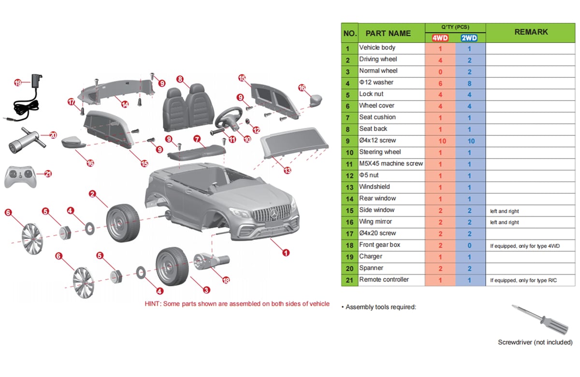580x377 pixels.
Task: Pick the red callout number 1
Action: point(286,252)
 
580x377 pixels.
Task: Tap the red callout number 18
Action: point(226,280)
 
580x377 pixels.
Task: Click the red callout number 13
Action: point(288,170)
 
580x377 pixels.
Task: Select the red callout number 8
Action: point(180,79)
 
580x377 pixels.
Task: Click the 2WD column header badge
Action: point(469,38)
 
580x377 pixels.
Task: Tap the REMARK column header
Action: point(531,32)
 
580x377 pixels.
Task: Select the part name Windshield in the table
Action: point(375,187)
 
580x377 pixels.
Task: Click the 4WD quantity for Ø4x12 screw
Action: point(440,141)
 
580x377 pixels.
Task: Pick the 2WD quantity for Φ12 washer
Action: point(469,83)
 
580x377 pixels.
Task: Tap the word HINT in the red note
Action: point(153,304)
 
